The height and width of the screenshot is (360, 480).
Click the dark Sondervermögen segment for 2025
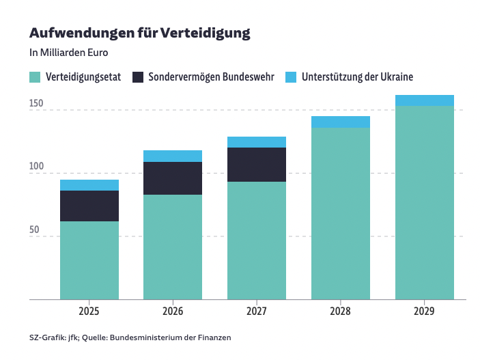(89, 206)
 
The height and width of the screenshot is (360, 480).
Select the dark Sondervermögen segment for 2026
(173, 178)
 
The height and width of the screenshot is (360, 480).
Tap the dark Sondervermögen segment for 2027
(257, 165)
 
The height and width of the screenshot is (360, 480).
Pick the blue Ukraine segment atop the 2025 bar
(89, 185)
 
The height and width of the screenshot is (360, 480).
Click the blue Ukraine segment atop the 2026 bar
(173, 156)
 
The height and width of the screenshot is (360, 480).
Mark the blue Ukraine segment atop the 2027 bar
(257, 142)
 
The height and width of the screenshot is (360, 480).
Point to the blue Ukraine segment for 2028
(341, 122)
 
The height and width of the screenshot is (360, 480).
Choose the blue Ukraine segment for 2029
(425, 100)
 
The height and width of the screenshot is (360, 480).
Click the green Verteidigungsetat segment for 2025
(89, 260)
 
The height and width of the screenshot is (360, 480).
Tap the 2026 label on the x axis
(173, 311)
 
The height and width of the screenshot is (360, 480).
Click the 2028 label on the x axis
(341, 311)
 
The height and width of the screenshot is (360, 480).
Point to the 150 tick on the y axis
(36, 105)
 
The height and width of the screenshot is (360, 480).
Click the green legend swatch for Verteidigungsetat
(35, 77)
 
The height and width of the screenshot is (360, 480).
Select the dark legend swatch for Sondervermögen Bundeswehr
(137, 77)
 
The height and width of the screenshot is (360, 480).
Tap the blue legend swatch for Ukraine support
(290, 77)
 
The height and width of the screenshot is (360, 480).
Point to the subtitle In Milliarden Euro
(69, 52)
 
